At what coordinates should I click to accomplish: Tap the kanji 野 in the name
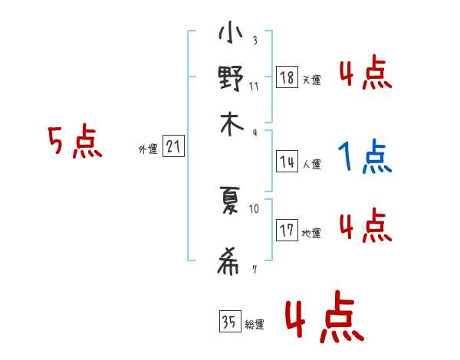230,79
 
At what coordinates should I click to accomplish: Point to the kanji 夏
230,201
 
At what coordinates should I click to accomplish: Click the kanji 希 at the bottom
230,263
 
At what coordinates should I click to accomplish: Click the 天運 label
311,80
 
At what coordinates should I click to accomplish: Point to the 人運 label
311,164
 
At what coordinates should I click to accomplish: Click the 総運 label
255,325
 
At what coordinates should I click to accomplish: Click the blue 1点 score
364,158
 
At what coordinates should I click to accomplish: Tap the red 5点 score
74,143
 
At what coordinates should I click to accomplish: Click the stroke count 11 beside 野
254,87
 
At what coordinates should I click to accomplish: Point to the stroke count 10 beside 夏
254,208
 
